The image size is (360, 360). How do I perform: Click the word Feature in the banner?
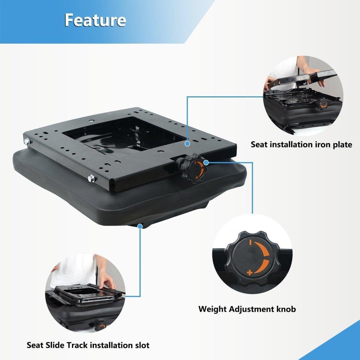click(x=95, y=20)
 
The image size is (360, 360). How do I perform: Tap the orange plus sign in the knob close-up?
click(x=249, y=273)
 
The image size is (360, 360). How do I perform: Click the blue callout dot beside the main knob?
click(x=206, y=163)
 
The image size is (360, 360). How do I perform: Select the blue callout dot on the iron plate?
click(x=187, y=144)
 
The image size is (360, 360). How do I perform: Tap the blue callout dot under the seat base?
click(x=140, y=226)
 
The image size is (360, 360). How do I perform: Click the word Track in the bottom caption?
click(x=77, y=340)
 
